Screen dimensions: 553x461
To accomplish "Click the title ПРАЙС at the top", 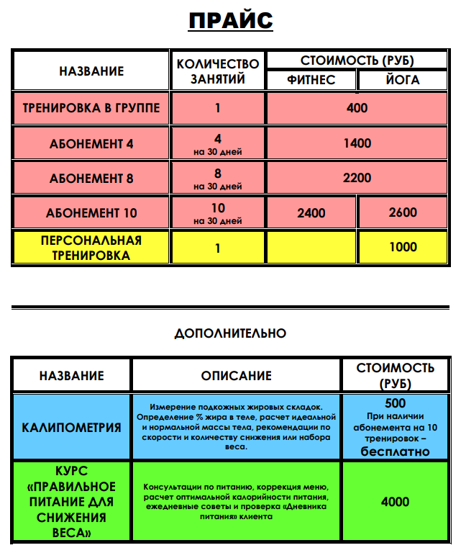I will point(230,20).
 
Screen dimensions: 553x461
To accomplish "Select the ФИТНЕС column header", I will point(311,80).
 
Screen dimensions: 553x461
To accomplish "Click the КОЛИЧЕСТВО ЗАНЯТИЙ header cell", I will point(217,71).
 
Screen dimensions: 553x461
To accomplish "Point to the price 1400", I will point(357,143).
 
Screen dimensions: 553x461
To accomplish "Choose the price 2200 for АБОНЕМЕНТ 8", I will point(357,178).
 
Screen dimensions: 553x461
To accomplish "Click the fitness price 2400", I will point(311,213).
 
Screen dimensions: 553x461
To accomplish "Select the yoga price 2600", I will point(403,213).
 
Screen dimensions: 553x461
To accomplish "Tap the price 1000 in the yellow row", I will point(403,247).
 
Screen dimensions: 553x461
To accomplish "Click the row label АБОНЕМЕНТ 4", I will point(91,144).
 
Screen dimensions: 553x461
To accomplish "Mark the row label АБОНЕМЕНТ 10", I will point(91,213).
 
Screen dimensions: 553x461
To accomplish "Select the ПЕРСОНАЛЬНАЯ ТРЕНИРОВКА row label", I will point(91,247).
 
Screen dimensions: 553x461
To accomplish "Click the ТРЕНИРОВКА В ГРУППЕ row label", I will point(91,109).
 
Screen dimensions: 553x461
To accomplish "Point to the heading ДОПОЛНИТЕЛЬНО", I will point(230,333).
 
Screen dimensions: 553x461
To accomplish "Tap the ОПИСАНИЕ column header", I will point(236,376).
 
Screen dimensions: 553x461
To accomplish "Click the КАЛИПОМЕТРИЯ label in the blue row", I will point(72,427).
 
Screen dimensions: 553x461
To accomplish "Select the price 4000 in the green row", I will point(396,502).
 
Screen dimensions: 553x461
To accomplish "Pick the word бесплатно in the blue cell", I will point(396,451).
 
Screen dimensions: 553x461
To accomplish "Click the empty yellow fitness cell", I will point(311,247).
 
